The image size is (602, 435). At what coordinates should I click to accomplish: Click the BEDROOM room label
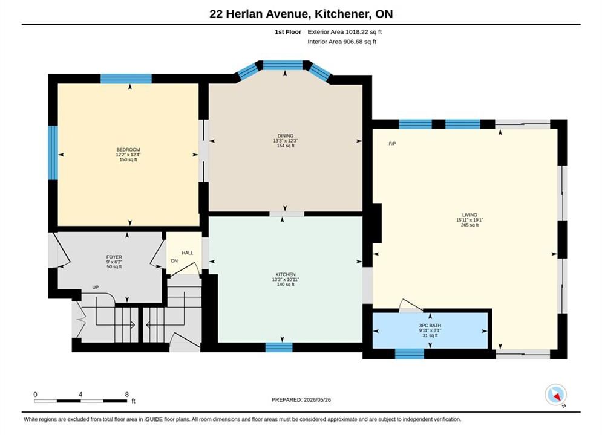tap(128, 149)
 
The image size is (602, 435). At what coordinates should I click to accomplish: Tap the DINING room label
tap(285, 136)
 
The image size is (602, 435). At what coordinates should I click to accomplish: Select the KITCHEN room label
tap(285, 274)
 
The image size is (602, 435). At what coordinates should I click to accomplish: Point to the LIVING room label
tap(469, 215)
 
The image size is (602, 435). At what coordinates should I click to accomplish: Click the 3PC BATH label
tap(430, 326)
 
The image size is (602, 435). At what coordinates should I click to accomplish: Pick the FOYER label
tap(114, 257)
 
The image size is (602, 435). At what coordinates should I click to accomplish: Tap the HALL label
tap(188, 253)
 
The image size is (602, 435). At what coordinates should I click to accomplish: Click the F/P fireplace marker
tap(393, 144)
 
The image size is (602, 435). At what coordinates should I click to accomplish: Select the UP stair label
tap(95, 287)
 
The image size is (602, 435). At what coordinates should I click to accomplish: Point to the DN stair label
tap(174, 261)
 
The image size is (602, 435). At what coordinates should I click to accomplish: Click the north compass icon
tap(555, 395)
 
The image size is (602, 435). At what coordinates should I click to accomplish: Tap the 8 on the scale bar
tap(126, 395)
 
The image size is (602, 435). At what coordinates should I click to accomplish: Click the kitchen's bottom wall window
tap(279, 347)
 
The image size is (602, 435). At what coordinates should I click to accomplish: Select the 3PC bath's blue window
tap(409, 354)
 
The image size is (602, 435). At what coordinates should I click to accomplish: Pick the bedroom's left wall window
tap(53, 152)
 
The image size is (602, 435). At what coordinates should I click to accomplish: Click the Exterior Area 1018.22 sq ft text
tap(344, 32)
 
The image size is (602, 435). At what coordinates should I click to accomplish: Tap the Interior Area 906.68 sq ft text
tap(342, 42)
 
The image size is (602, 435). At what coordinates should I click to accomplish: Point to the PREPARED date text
tap(301, 399)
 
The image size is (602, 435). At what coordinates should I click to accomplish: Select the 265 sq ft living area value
tap(469, 225)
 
